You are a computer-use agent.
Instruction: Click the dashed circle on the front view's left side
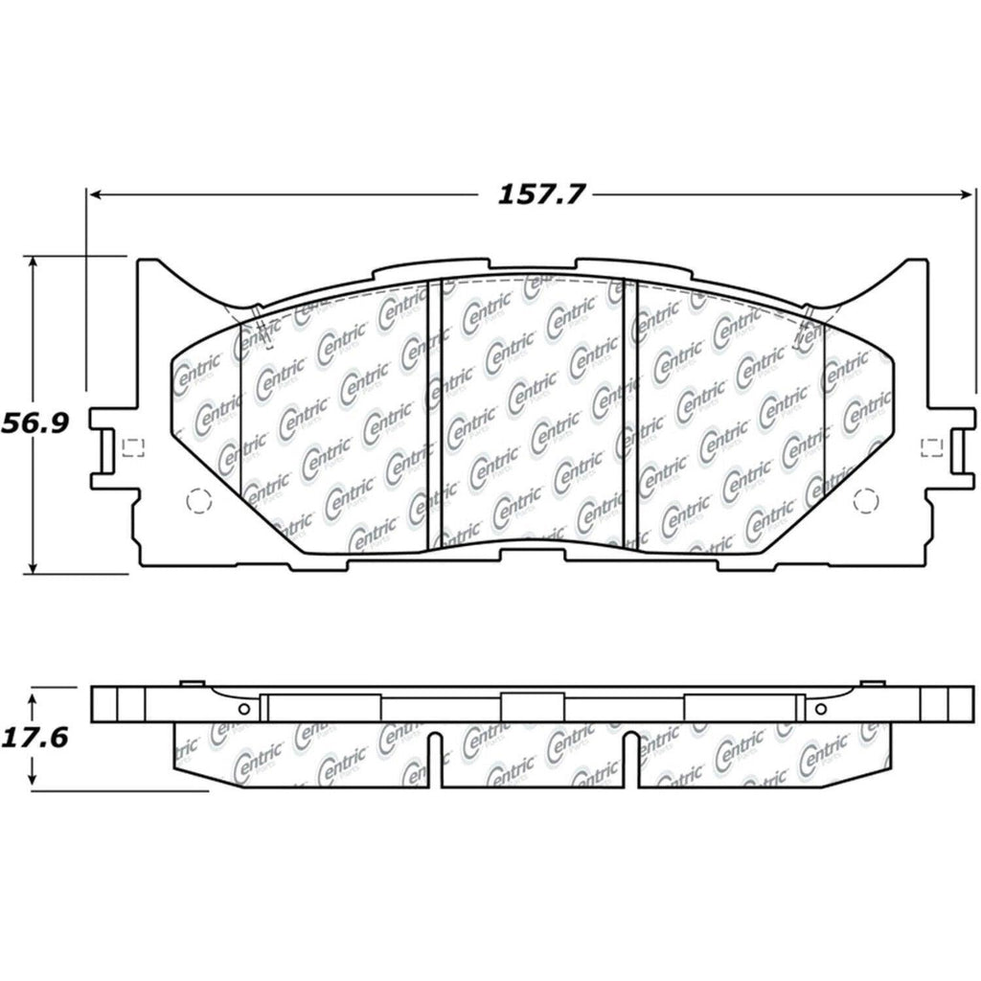195,500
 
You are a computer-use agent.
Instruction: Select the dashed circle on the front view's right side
866,500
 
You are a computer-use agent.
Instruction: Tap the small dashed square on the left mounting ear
132,446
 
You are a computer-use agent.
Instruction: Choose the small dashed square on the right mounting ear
927,446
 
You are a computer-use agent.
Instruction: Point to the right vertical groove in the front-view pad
628,412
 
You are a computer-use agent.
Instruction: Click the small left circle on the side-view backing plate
243,709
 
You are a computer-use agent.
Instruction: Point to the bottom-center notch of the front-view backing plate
532,549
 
